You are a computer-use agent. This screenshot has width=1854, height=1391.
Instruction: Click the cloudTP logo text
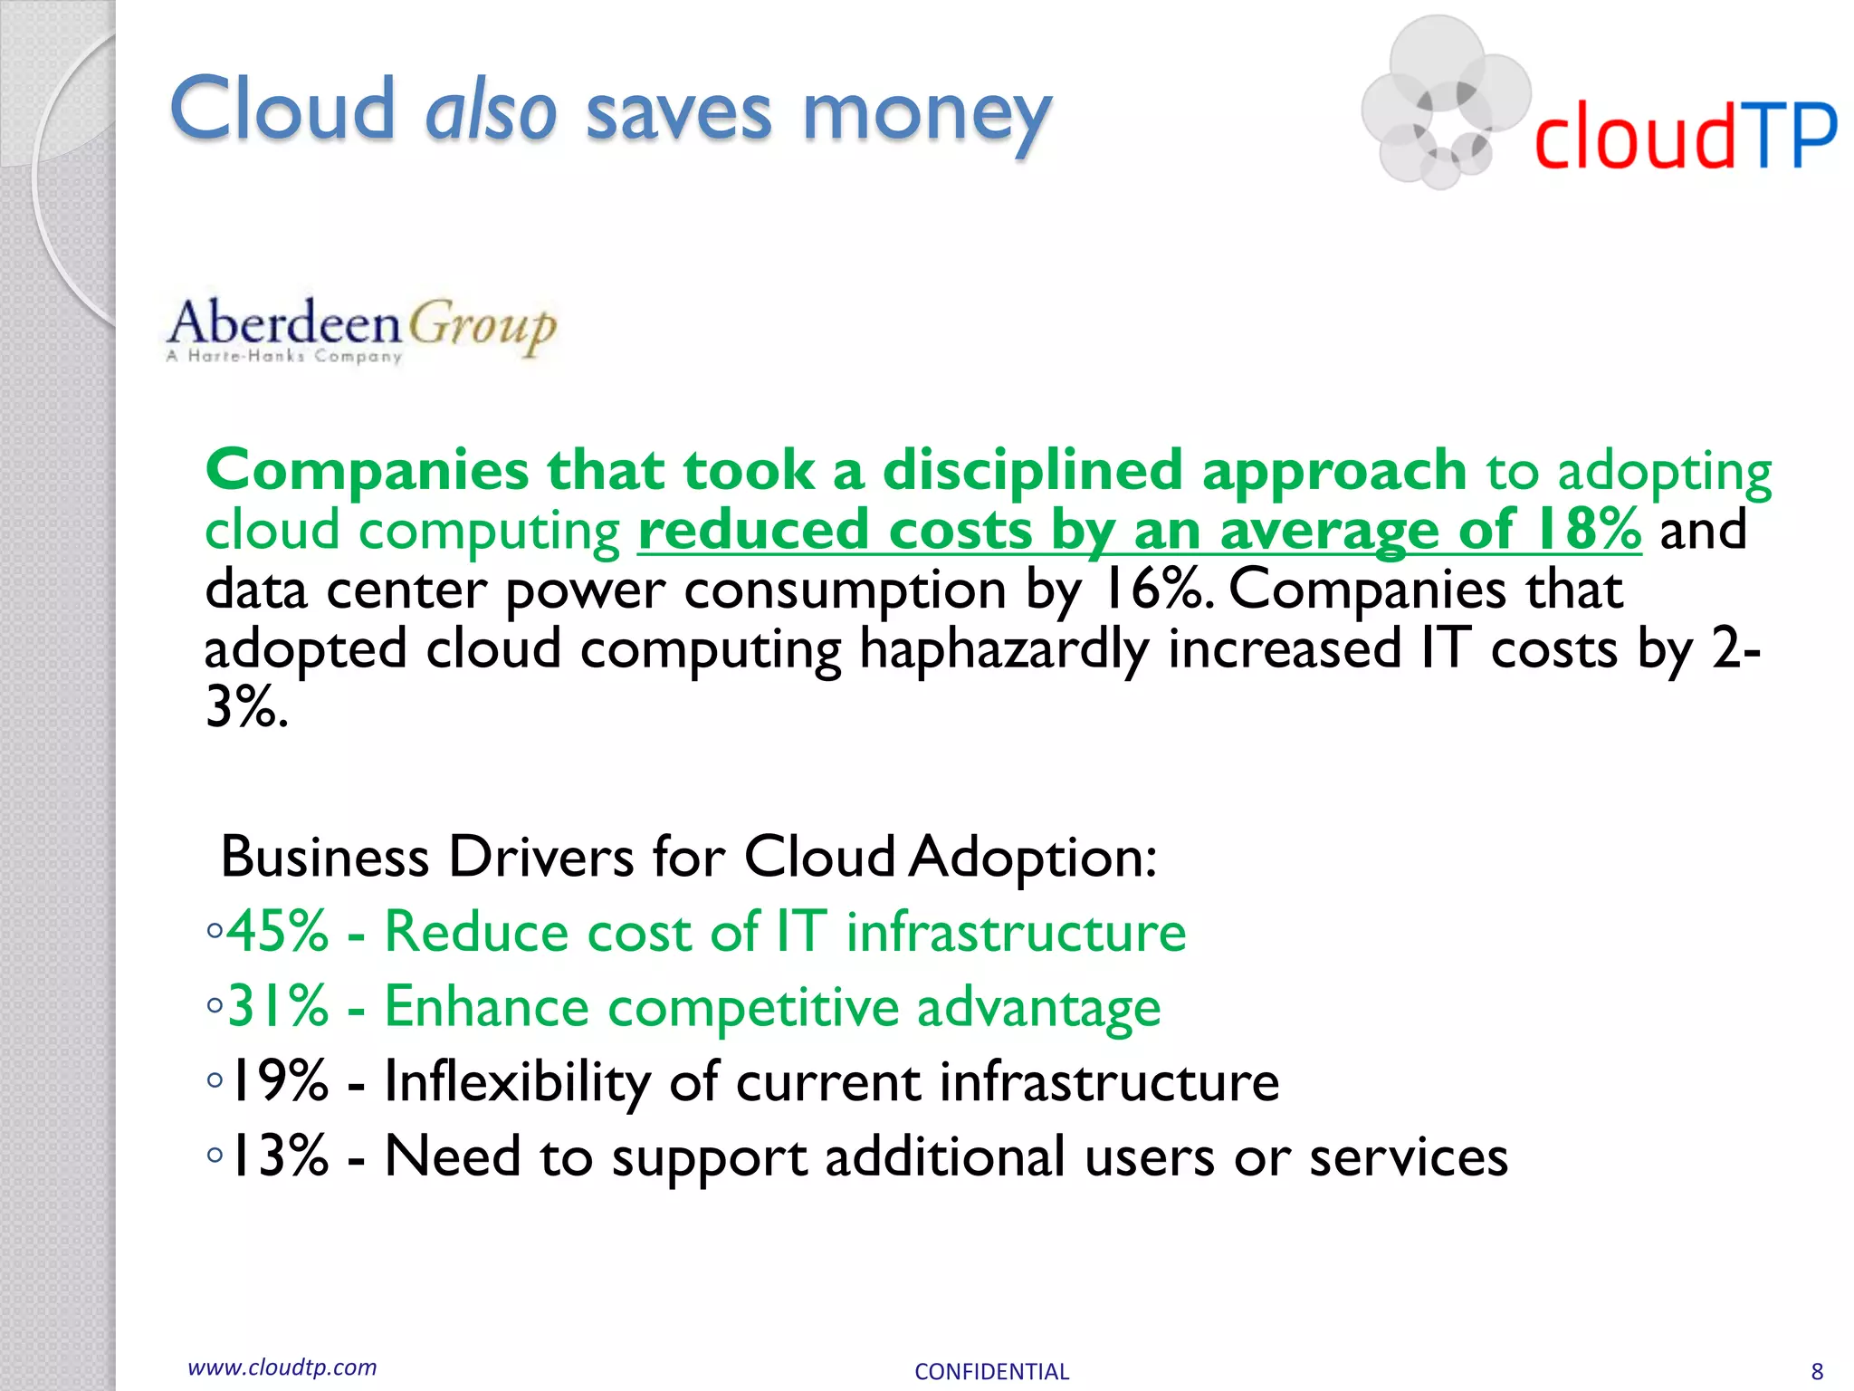point(1685,137)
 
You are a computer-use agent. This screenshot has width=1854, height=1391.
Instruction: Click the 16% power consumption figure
point(1153,590)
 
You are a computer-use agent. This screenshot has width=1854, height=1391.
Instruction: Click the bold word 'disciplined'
point(1032,470)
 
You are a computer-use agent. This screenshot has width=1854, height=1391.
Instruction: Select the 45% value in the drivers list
point(278,931)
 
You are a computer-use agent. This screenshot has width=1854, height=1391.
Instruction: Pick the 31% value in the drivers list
point(278,1006)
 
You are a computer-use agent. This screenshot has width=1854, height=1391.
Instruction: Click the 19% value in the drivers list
point(278,1081)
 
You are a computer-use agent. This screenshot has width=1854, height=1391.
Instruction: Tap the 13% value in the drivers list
point(278,1156)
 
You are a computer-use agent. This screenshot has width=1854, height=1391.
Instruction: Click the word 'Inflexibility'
point(517,1081)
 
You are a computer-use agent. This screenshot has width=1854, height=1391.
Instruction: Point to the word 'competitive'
point(753,1007)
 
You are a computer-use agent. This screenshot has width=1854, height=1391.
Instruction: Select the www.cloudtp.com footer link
point(282,1367)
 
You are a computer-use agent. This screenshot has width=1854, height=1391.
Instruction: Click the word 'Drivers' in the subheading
point(541,857)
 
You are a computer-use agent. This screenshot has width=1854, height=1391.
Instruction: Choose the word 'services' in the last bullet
point(1409,1157)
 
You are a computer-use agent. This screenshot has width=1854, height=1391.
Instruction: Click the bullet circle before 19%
point(215,1079)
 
